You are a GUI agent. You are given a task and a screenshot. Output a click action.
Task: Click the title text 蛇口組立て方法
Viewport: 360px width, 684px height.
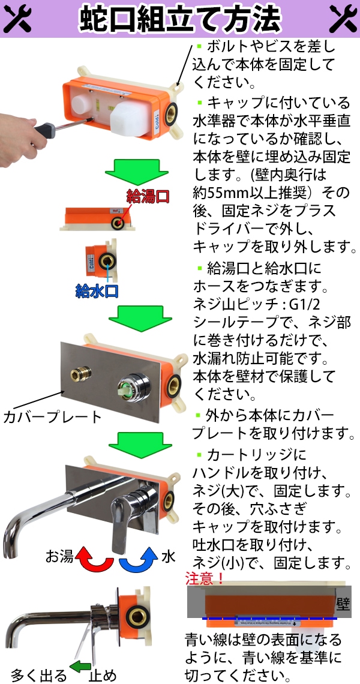coord(180,19)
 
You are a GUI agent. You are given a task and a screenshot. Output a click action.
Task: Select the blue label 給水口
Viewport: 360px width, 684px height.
coord(97,292)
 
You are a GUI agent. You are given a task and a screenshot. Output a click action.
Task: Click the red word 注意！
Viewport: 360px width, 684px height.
coord(206,579)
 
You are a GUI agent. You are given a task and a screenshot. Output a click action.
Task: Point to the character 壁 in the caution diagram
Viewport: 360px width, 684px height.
coord(343,603)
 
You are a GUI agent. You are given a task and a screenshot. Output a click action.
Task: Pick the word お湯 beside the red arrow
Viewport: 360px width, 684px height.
coord(59,556)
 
